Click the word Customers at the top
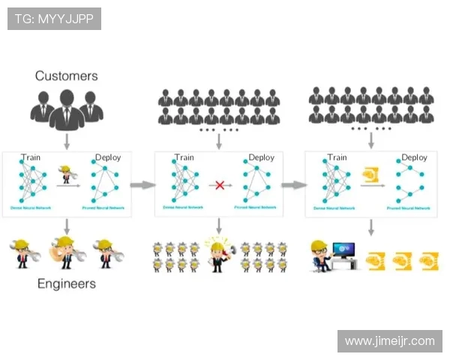(66, 76)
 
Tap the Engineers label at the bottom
(67, 283)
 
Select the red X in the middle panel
(219, 184)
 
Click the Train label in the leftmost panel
(31, 157)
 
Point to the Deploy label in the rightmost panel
(414, 157)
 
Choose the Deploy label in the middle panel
(261, 157)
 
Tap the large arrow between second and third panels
(293, 184)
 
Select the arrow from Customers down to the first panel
(66, 140)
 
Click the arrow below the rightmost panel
(370, 227)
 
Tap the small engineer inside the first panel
(66, 174)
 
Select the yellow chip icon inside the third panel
(370, 176)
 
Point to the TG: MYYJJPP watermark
(54, 19)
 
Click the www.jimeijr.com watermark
(389, 341)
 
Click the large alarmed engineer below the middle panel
(218, 254)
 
